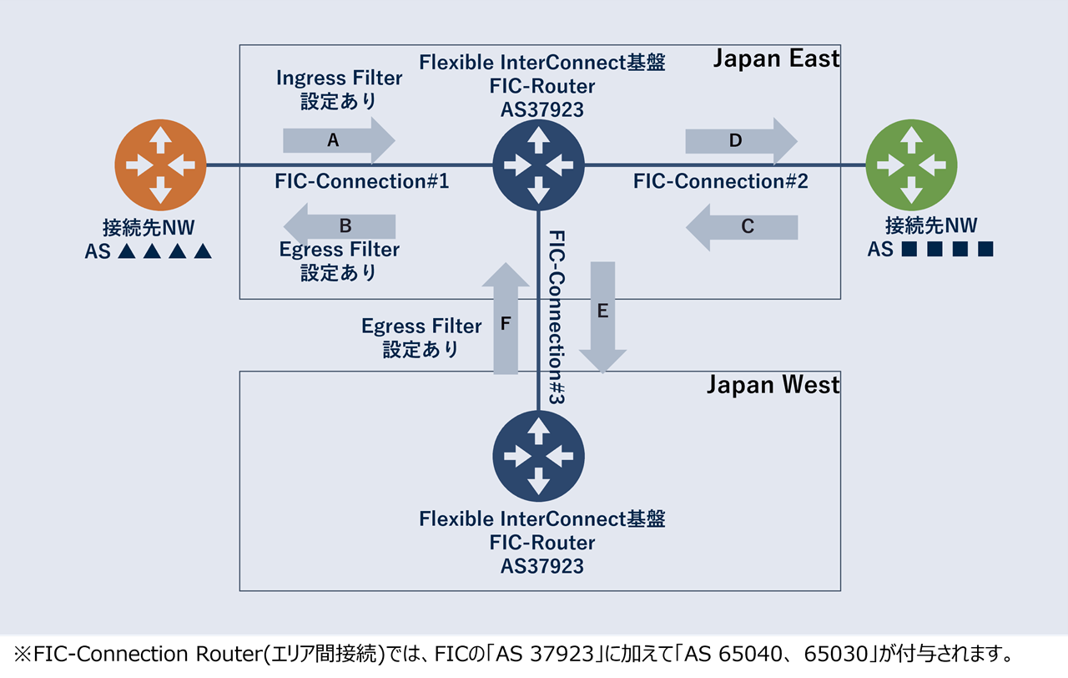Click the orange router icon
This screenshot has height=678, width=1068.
(x=160, y=164)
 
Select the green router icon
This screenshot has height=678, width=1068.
(x=911, y=164)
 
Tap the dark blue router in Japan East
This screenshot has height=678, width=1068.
(x=538, y=164)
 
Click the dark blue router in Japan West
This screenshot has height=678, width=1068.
(x=538, y=456)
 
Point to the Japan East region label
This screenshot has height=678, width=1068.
(x=776, y=58)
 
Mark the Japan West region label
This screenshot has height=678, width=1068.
(x=773, y=385)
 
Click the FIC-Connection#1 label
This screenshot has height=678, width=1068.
(x=361, y=181)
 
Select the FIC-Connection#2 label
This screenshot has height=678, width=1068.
(x=720, y=181)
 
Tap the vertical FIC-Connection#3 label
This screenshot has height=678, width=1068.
(x=557, y=318)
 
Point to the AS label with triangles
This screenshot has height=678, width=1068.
(x=149, y=250)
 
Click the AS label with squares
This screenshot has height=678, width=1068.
(x=930, y=249)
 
